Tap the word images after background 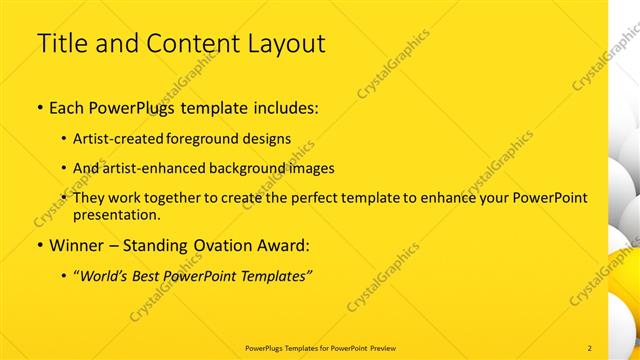pyautogui.click(x=312, y=168)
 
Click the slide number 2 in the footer pyautogui.click(x=590, y=347)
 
